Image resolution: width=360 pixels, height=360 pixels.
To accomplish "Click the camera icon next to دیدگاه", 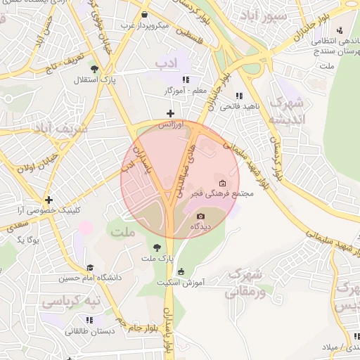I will click(201, 216).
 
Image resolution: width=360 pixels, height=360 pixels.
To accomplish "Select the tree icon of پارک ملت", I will click(157, 247).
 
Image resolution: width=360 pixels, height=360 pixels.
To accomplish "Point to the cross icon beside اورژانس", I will click(169, 113).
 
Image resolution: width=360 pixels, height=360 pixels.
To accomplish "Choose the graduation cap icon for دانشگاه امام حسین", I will click(90, 268).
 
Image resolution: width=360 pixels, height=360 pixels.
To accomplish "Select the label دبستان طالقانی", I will click(91, 331).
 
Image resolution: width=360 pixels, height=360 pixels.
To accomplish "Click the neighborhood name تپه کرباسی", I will click(70, 302).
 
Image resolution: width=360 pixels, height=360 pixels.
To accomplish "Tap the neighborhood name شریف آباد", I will click(60, 129).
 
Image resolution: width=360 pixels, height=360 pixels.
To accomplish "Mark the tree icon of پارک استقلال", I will click(95, 69).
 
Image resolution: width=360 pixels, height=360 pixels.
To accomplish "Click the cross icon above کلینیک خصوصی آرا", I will click(49, 200).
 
